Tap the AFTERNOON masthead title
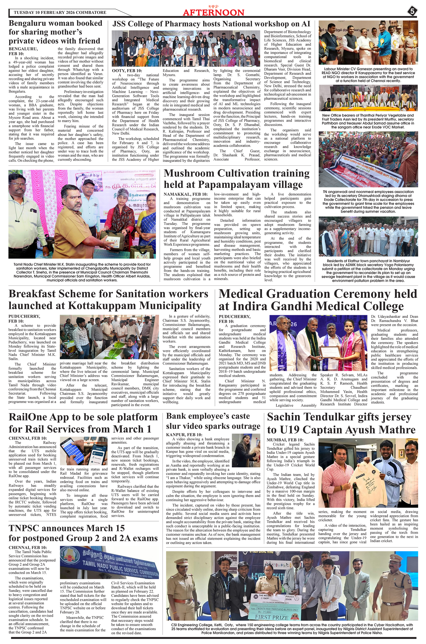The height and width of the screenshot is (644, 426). point(213,13)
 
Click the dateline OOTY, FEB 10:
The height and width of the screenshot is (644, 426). point(127,71)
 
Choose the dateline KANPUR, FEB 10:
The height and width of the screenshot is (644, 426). point(184,434)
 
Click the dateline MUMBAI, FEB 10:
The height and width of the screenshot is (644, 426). point(285,440)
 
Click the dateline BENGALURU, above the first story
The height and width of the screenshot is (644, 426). point(23,49)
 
